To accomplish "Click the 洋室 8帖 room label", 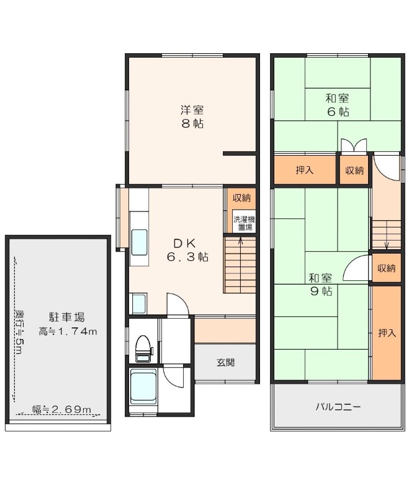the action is point(192,117).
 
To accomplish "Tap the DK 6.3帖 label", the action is point(187,250).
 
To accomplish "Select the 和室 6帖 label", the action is point(338,105).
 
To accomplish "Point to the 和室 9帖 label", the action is point(320,285).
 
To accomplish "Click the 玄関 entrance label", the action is point(226,363).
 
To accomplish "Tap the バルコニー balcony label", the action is point(338,407).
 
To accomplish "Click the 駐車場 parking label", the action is point(66,317).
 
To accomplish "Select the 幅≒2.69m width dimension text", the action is point(61,409).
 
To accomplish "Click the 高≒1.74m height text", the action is point(68,332).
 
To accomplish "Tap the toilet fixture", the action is point(143,348).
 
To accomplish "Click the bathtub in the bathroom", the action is point(143,386).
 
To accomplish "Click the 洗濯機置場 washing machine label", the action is point(244,223).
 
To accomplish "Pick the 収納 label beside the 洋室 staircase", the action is point(241,198).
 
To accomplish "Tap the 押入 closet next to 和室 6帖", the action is point(305,170).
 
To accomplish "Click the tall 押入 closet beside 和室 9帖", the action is point(387,333).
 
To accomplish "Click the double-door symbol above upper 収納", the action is point(354,146).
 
